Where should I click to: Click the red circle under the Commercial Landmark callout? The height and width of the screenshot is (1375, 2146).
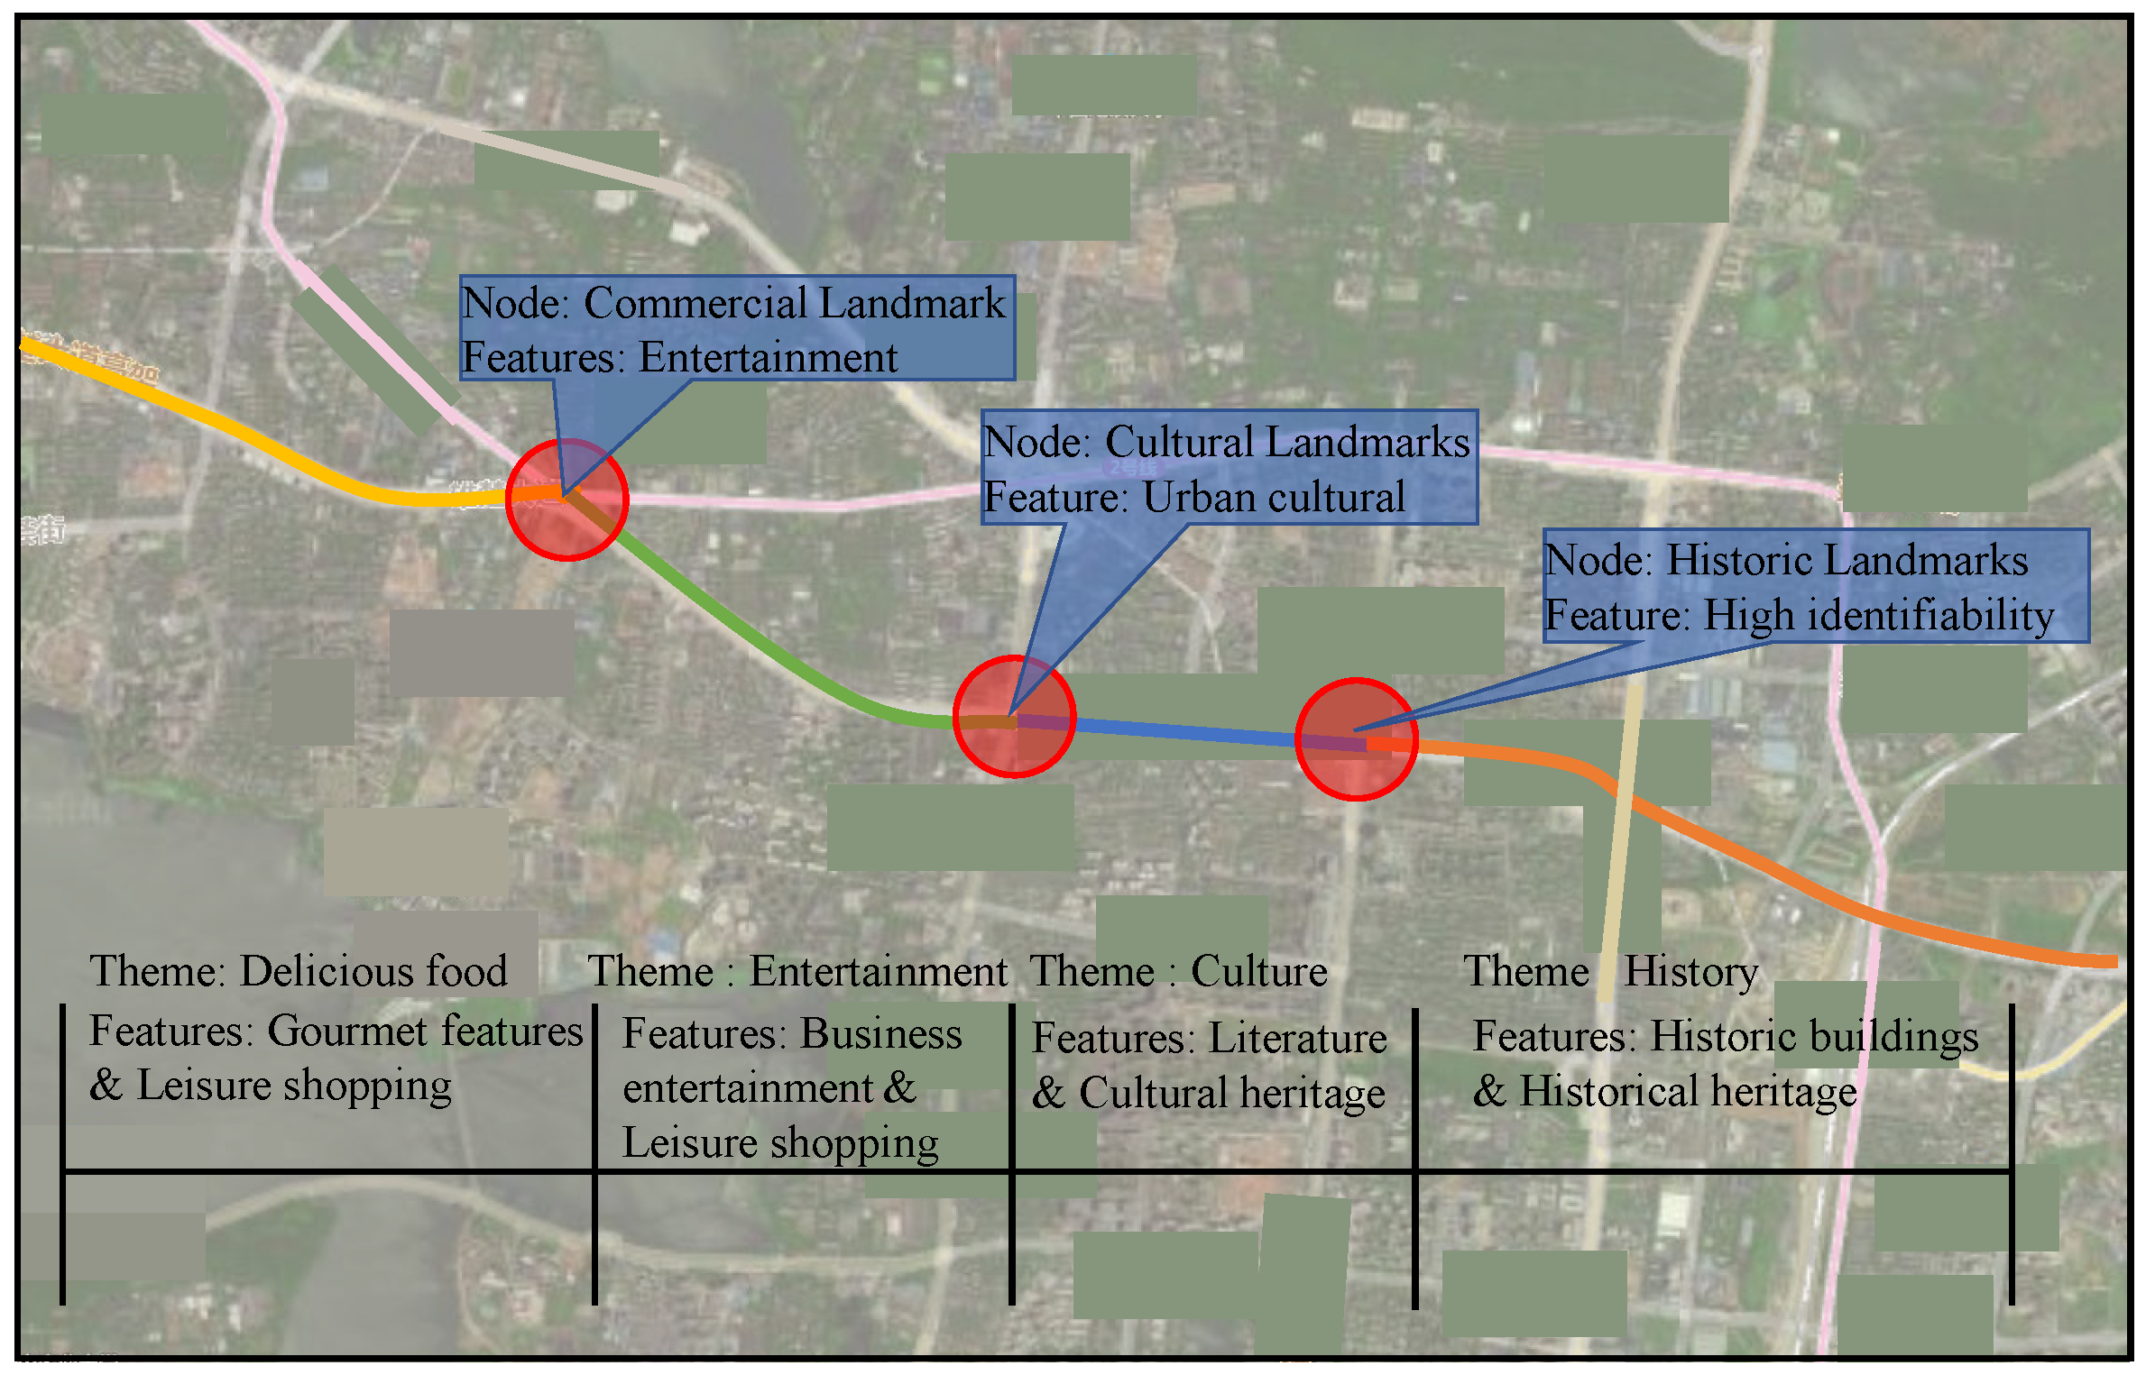click(x=566, y=500)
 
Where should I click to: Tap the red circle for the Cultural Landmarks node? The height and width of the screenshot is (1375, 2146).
click(x=1014, y=717)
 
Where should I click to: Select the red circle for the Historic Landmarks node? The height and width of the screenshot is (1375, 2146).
click(x=1356, y=739)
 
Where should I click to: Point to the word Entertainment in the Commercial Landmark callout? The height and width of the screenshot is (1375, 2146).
click(x=768, y=358)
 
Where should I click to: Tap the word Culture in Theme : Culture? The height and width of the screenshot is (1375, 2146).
click(x=1258, y=972)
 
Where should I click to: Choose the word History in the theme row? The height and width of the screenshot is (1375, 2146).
click(x=1690, y=972)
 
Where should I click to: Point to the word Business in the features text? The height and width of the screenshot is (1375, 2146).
click(x=881, y=1034)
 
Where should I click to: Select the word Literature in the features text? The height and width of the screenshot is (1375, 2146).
click(x=1297, y=1039)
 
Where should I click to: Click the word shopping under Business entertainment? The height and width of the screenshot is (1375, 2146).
click(x=854, y=1144)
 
